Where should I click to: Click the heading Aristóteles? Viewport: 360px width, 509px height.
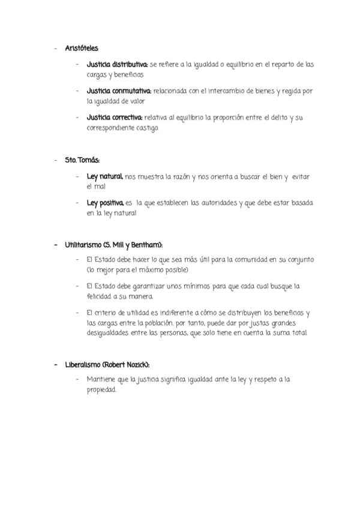(82, 48)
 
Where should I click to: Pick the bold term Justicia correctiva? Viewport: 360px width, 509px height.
(114, 117)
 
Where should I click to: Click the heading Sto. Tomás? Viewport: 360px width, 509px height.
(82, 160)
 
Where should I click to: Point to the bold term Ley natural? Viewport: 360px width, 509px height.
(105, 176)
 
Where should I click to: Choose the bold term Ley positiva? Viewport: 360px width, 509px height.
(105, 203)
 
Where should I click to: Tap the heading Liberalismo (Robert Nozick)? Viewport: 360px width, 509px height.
(107, 365)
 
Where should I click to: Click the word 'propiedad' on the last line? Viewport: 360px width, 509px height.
(101, 390)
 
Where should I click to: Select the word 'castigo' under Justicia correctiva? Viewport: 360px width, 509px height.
(148, 128)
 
